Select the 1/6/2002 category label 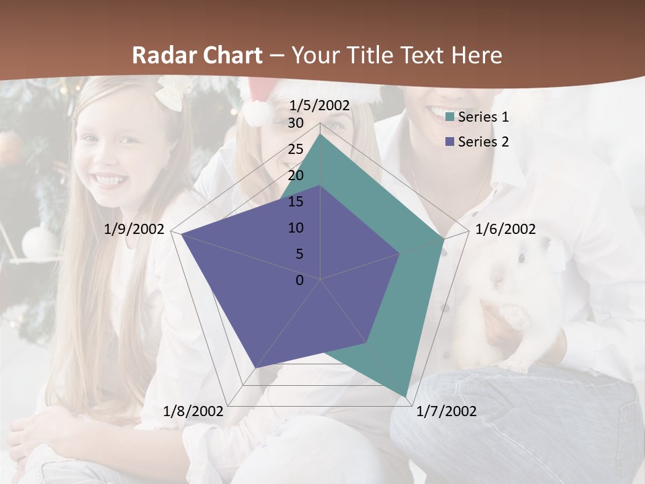pyautogui.click(x=505, y=229)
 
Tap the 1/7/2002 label pyautogui.click(x=447, y=411)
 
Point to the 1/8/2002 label pyautogui.click(x=193, y=411)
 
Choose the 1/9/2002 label pyautogui.click(x=134, y=229)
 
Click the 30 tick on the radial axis pyautogui.click(x=296, y=123)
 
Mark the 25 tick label pyautogui.click(x=296, y=149)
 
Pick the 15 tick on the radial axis pyautogui.click(x=296, y=202)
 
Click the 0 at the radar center pyautogui.click(x=300, y=280)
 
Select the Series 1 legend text pyautogui.click(x=483, y=117)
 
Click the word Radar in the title pyautogui.click(x=158, y=55)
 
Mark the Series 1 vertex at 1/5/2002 pyautogui.click(x=320, y=133)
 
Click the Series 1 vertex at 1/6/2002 pyautogui.click(x=443, y=239)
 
